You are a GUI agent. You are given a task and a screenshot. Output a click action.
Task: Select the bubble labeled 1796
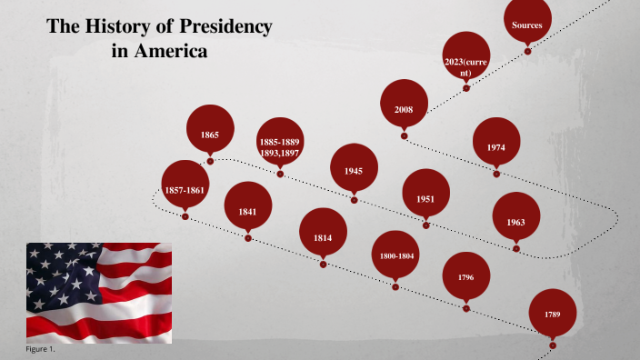pos(466,276)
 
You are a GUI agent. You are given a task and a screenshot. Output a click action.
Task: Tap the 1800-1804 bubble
pos(396,256)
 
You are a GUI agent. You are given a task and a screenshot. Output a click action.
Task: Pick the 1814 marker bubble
pos(323,236)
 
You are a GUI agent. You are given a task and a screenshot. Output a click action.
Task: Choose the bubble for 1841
pos(247,211)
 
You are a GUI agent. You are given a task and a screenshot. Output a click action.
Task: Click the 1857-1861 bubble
pos(185,189)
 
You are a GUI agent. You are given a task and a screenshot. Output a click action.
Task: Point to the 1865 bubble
pos(210,135)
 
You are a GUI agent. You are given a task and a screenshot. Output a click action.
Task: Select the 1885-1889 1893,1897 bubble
pos(280,147)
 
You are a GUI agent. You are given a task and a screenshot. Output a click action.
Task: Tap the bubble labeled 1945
pos(354,170)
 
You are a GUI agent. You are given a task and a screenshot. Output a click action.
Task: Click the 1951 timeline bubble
pos(425,197)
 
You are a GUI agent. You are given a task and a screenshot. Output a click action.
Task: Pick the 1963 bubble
pos(515,221)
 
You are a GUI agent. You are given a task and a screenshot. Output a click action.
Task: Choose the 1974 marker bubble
pos(496,146)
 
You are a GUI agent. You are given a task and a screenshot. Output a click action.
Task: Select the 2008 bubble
pos(404,109)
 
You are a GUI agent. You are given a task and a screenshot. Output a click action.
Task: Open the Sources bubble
pos(527,25)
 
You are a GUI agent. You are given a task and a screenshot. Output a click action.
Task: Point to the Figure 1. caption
pos(42,349)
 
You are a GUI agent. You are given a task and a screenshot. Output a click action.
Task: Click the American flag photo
pos(98,292)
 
